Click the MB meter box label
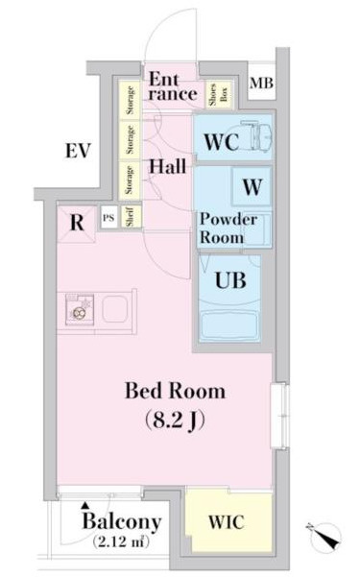pyautogui.click(x=261, y=84)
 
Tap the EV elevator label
pyautogui.click(x=78, y=151)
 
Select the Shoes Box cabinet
pyautogui.click(x=219, y=94)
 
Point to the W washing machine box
pyautogui.click(x=252, y=186)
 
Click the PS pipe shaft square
pyautogui.click(x=108, y=218)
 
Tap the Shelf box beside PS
pyautogui.click(x=130, y=216)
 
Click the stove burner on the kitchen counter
pyautogui.click(x=79, y=313)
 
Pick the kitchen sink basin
pyautogui.click(x=115, y=309)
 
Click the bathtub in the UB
pyautogui.click(x=228, y=326)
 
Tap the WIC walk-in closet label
pyautogui.click(x=226, y=522)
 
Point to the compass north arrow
pyautogui.click(x=325, y=536)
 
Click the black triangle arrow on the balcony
pyautogui.click(x=85, y=506)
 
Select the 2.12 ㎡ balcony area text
pyautogui.click(x=121, y=541)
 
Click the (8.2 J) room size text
pyautogui.click(x=175, y=420)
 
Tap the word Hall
pyautogui.click(x=167, y=166)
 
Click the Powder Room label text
pyautogui.click(x=228, y=228)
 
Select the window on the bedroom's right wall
pyautogui.click(x=279, y=416)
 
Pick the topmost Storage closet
pyautogui.click(x=130, y=99)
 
